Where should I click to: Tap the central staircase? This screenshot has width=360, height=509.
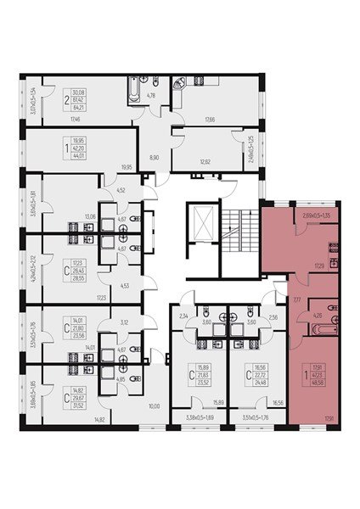click(235, 227)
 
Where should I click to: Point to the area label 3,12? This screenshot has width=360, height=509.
click(123, 322)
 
